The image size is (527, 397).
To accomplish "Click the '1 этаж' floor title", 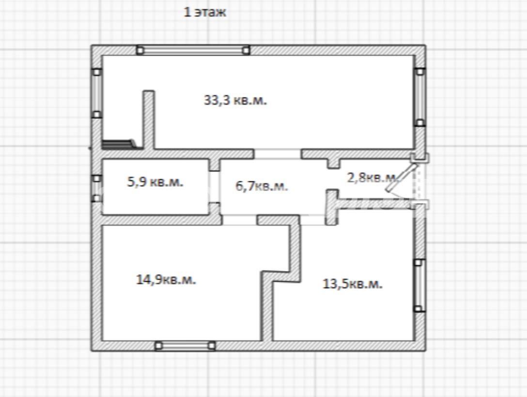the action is [205, 12].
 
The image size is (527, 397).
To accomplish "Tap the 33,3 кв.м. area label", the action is [235, 100].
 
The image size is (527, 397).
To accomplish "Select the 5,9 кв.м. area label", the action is [155, 182].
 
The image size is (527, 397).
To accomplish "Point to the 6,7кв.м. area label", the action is [262, 186].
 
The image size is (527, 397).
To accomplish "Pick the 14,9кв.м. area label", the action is [166, 280].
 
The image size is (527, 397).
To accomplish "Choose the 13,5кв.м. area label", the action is [352, 284].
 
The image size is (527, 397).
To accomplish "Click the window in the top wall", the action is [193, 50].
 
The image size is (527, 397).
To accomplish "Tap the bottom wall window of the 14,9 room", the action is [185, 346].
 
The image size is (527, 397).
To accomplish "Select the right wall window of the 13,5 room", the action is [419, 286].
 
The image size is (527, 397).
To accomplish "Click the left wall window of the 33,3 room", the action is [96, 93].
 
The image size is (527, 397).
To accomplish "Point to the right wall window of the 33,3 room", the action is [420, 97].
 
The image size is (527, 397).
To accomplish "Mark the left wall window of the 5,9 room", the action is [96, 188].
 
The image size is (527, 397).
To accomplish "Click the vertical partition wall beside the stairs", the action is [149, 120].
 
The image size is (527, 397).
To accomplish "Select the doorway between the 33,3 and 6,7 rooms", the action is [277, 154].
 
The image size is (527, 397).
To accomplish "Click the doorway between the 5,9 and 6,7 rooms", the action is [215, 187].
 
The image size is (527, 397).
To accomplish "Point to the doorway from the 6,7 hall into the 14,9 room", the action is [239, 220].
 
